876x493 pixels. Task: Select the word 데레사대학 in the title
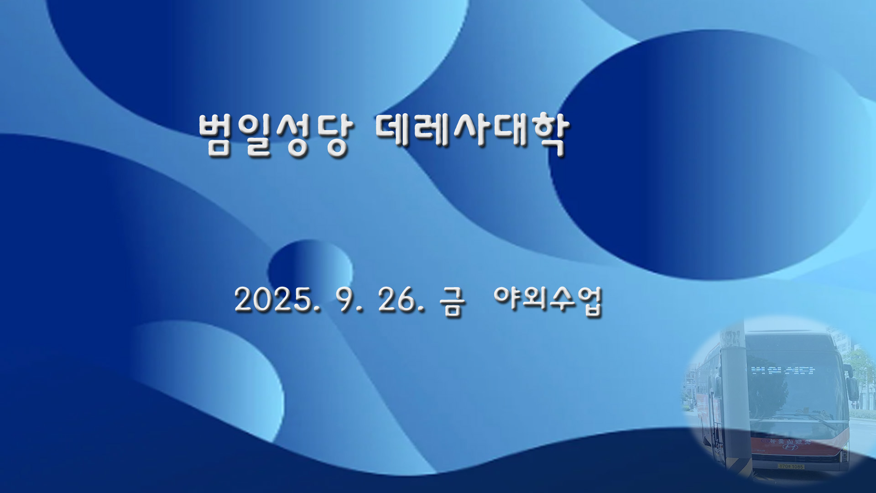tap(472, 132)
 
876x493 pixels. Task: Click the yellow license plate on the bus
tap(791, 467)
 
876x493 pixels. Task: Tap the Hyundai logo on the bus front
tap(791, 446)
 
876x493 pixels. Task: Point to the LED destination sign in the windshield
tap(782, 370)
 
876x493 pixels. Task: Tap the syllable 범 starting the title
tap(215, 135)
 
